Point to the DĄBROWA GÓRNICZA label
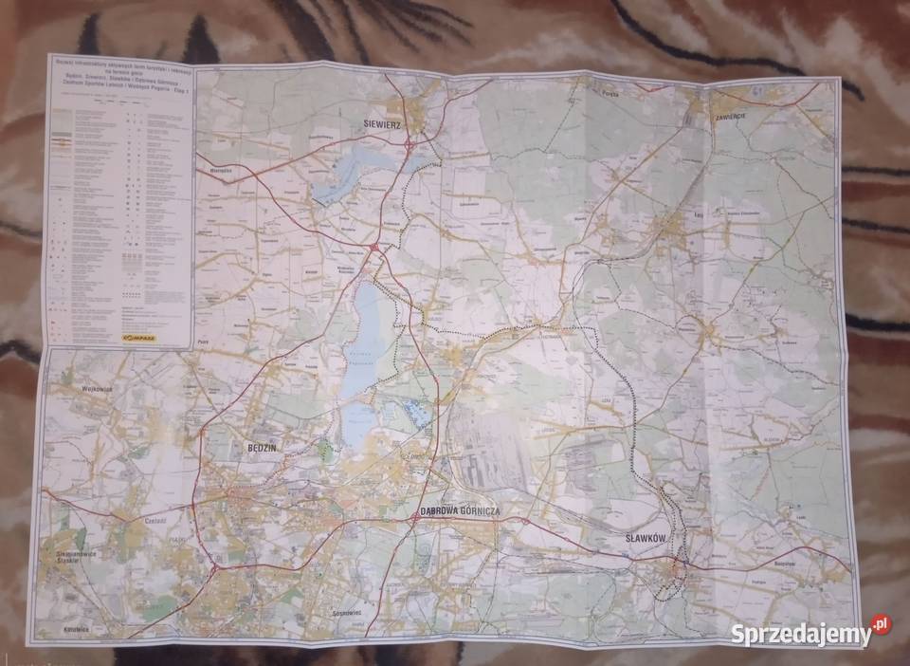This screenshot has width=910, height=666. tap(460, 511)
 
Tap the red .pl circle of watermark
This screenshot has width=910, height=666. tap(881, 624)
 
